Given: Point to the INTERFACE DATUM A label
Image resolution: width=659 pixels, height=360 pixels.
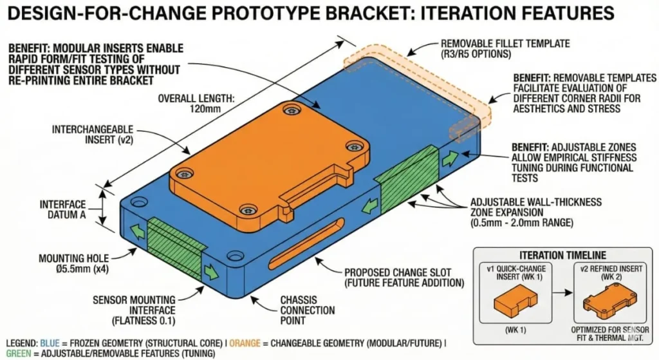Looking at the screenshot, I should (62, 209).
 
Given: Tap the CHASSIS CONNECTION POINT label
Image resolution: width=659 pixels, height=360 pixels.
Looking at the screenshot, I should (307, 310).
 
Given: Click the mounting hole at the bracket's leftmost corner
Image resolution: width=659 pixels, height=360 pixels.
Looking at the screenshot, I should (135, 202).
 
